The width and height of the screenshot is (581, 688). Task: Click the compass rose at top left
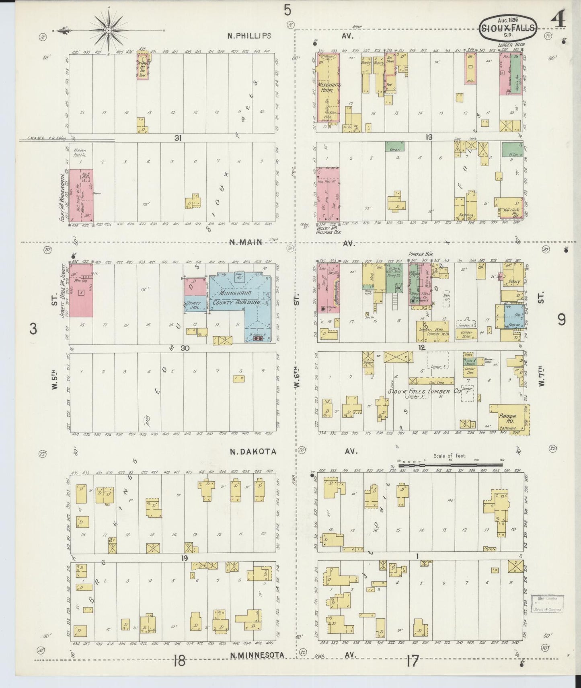pos(109,31)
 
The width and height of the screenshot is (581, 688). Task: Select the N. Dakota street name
pos(253,451)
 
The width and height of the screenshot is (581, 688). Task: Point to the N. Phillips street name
pos(250,36)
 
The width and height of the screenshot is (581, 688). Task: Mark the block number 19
pos(184,558)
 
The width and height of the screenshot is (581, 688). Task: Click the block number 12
pos(421,347)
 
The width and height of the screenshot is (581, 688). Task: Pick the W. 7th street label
pos(541,376)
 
